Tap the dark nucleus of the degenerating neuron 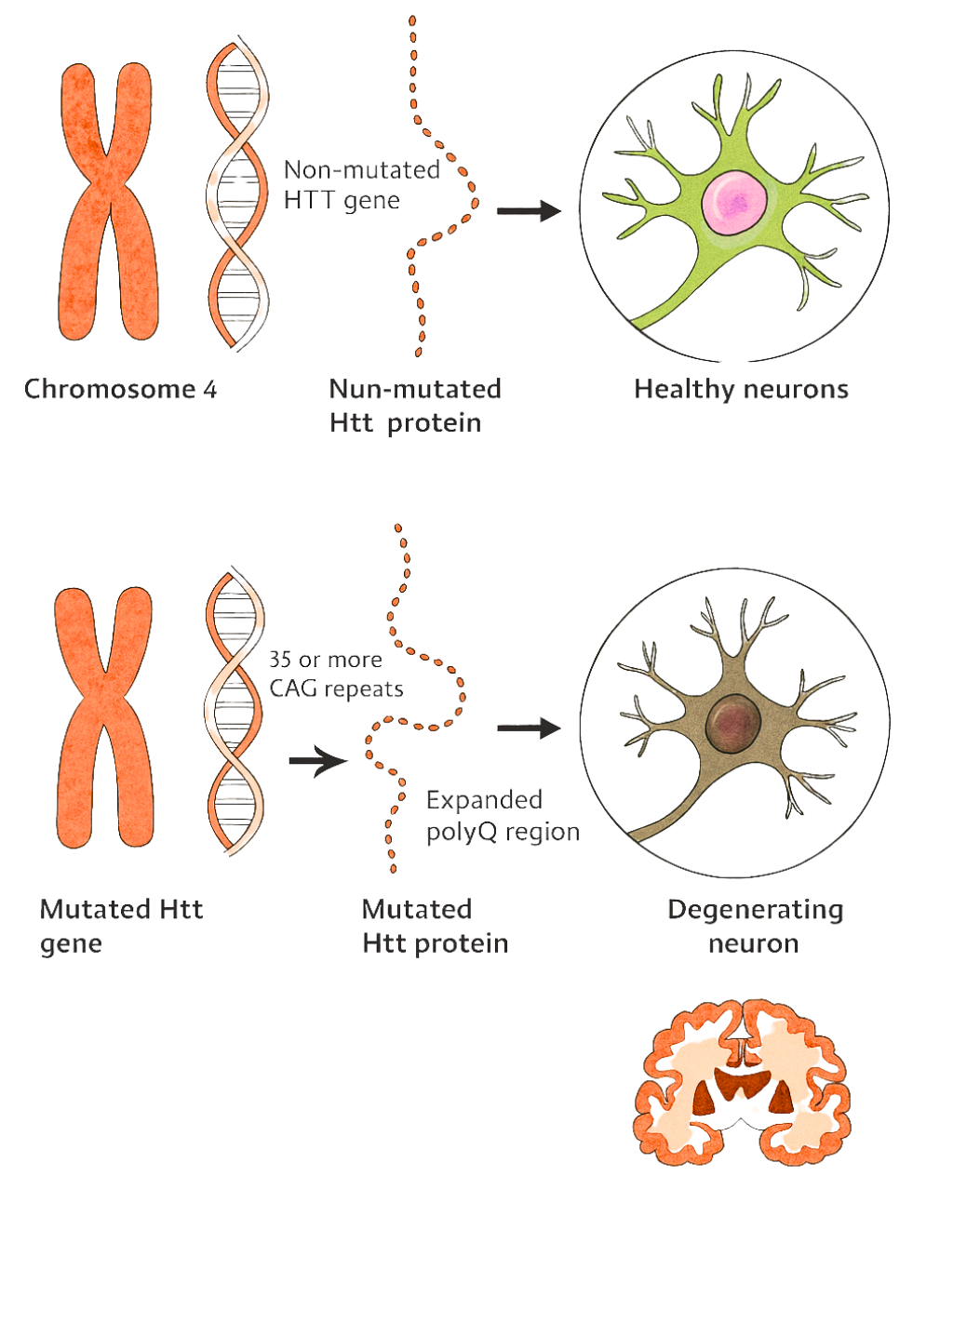[x=733, y=724]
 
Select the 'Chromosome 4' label [x=120, y=389]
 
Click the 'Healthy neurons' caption [x=741, y=389]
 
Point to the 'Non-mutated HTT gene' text [x=361, y=185]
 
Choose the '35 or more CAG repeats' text [x=336, y=674]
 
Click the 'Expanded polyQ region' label [x=503, y=816]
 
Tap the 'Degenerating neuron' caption [x=755, y=926]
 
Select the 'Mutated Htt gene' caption [x=120, y=926]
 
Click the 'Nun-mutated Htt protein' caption [x=415, y=406]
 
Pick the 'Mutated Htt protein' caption [x=435, y=926]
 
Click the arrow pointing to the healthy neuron [x=529, y=211]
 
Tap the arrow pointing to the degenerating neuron [x=529, y=728]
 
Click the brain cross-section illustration [x=743, y=1082]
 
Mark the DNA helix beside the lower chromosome [x=234, y=712]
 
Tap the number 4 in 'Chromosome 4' [x=210, y=390]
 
